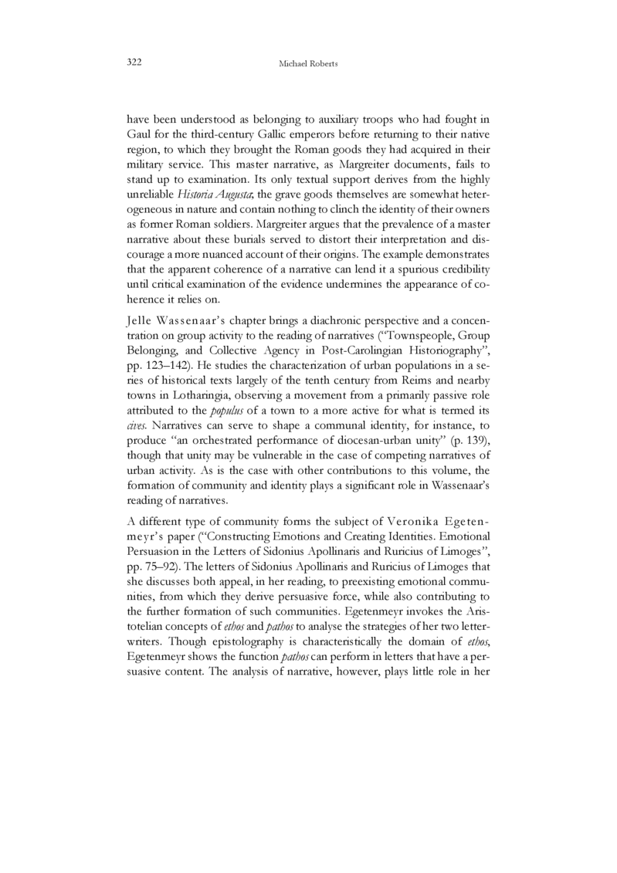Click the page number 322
point(135,62)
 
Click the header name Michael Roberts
point(309,63)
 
